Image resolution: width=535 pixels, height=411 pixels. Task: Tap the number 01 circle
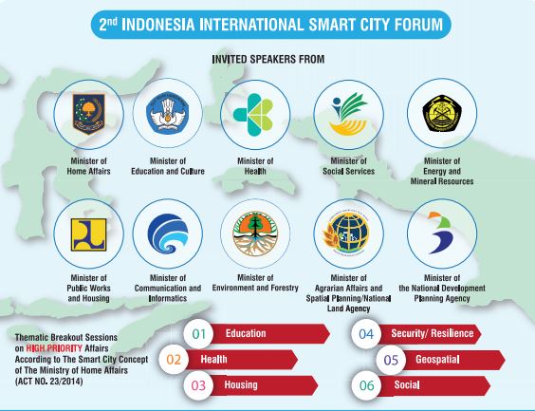tap(200, 334)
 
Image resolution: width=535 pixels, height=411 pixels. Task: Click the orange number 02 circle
tap(174, 360)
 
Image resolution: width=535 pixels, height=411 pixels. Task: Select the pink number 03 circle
tap(200, 385)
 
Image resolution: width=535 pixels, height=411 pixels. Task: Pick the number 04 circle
tap(365, 334)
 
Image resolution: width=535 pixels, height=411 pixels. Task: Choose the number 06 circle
tap(365, 385)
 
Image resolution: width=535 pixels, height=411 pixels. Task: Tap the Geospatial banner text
tap(437, 360)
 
